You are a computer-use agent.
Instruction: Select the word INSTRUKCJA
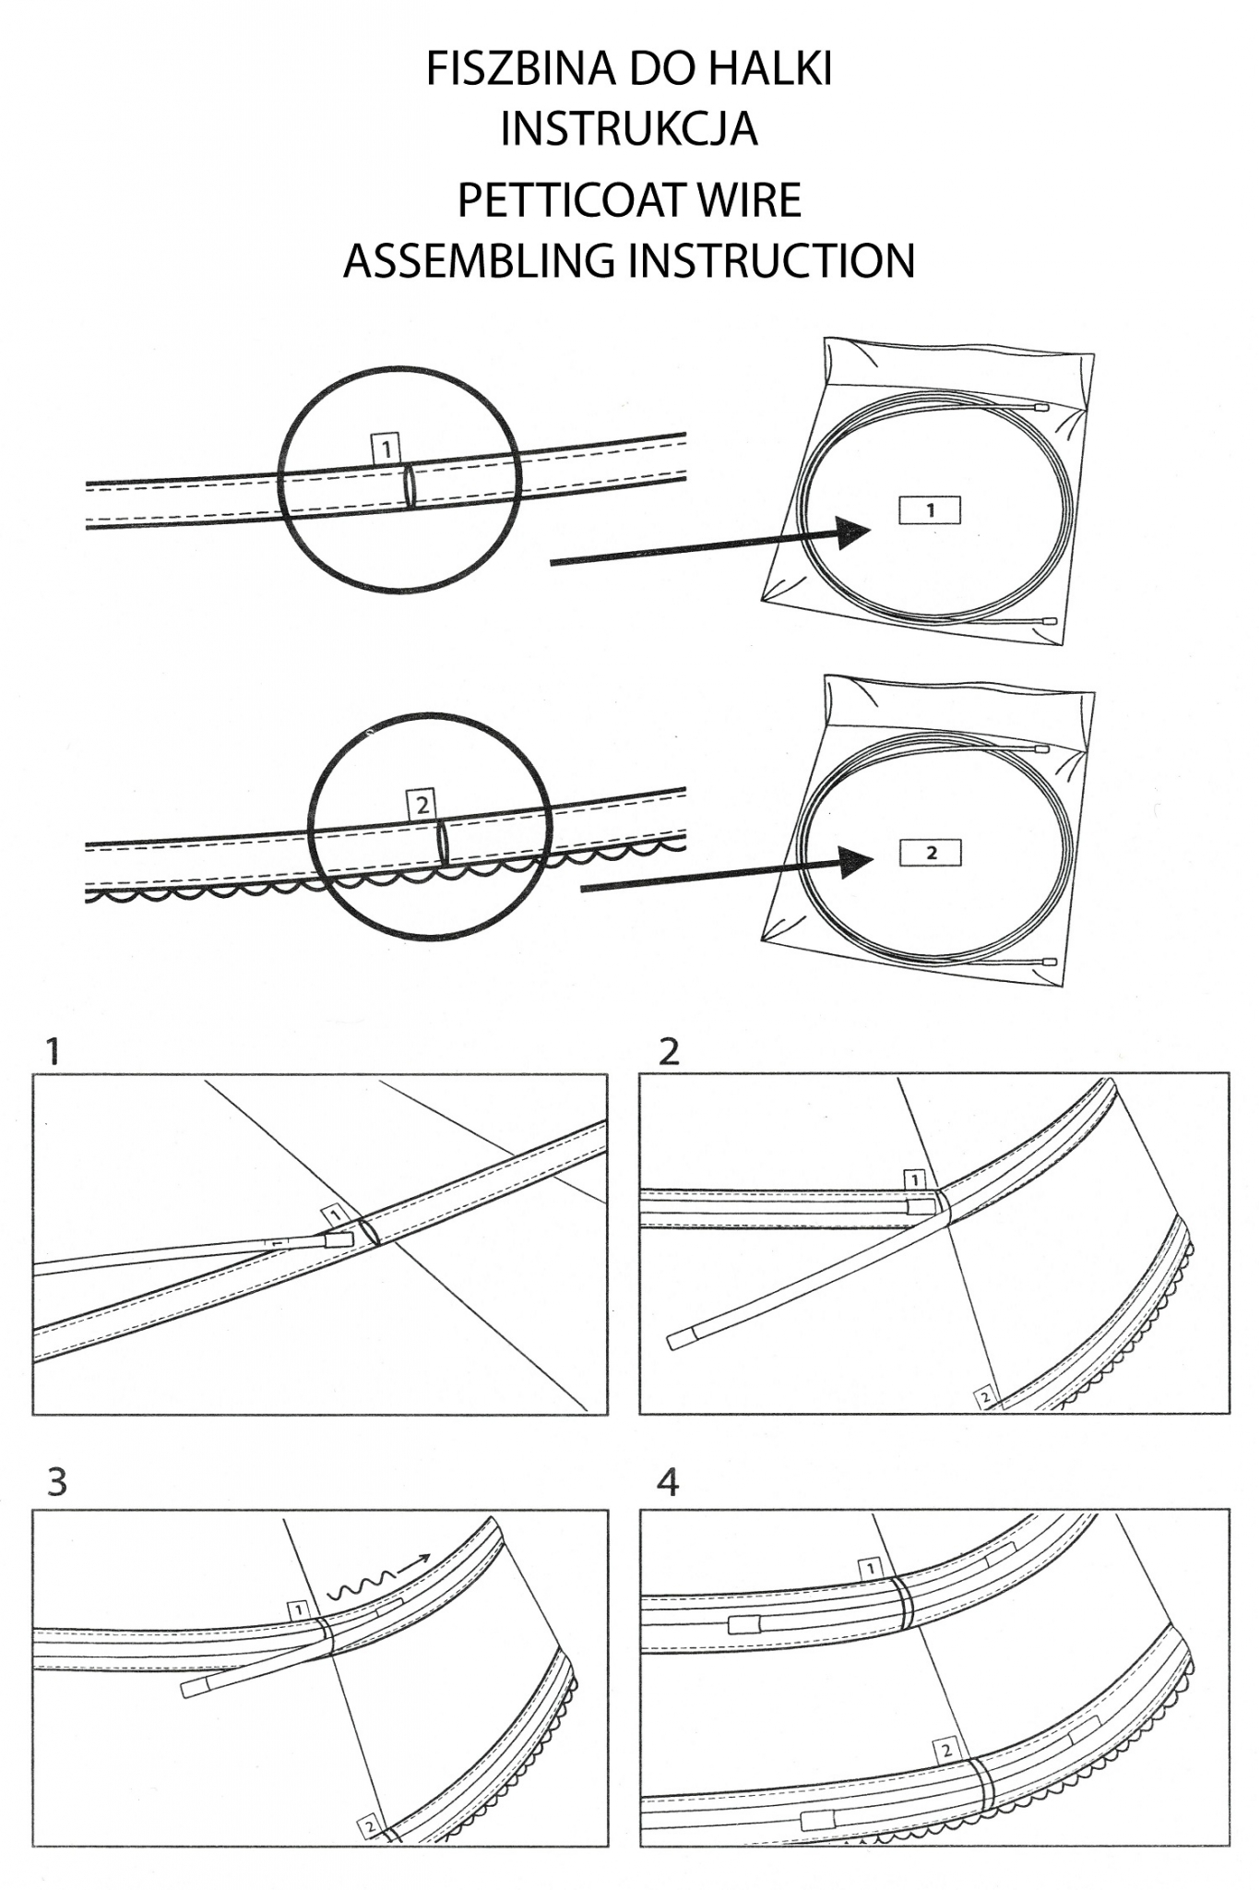coord(629,129)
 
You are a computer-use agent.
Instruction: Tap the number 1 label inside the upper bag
coord(930,509)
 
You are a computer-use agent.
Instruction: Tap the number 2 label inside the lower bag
coord(931,853)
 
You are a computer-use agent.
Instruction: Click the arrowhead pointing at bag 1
coord(852,532)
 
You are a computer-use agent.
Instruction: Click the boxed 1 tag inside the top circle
coord(386,449)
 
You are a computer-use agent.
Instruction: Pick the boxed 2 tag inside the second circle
coord(422,805)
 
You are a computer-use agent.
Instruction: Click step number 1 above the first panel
coord(52,1051)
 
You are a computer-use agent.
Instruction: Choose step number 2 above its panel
coord(669,1051)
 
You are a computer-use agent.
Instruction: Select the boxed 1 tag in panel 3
coord(298,1610)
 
